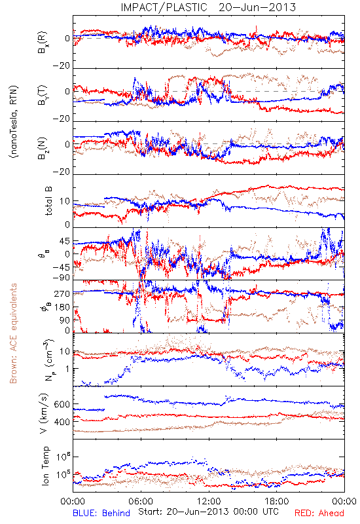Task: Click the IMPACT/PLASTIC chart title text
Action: tap(164, 7)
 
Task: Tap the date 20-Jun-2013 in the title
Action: tap(257, 7)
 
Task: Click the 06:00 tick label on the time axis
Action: tap(141, 501)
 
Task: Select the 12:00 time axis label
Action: tap(209, 501)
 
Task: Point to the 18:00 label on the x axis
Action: tap(277, 501)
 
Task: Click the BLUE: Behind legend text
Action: tap(101, 513)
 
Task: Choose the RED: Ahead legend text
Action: tap(319, 513)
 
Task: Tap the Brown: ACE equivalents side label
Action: tap(13, 333)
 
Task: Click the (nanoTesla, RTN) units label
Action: tap(14, 121)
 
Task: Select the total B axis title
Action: tap(48, 201)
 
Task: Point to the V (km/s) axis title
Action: tap(45, 413)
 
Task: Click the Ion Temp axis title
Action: tap(45, 466)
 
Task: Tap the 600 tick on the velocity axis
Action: tap(62, 404)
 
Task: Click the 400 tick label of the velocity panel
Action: tap(62, 422)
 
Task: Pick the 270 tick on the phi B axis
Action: tap(62, 293)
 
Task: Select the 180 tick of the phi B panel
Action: tap(62, 307)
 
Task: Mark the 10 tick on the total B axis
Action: tap(65, 201)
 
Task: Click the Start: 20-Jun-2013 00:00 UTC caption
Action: tap(208, 512)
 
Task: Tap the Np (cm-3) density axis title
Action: tap(48, 360)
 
